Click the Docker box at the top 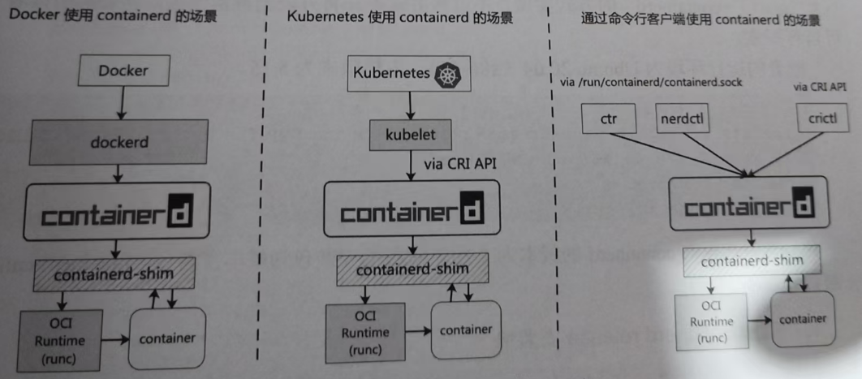point(123,71)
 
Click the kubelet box point(409,135)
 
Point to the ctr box point(609,121)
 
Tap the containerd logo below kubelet point(412,213)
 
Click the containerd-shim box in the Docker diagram point(114,273)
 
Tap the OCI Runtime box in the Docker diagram point(60,339)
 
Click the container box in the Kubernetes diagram point(465,329)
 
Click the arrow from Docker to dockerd point(121,101)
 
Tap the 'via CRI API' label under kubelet point(460,164)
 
